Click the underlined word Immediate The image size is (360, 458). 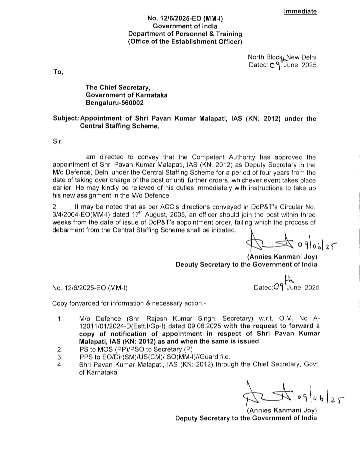pos(300,11)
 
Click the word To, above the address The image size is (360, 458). pos(58,72)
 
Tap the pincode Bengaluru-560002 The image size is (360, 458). pos(115,103)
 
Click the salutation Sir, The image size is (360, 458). pos(57,141)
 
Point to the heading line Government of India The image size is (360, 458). pos(185,26)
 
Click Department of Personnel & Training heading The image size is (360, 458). pos(185,34)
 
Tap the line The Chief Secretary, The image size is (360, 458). pos(118,87)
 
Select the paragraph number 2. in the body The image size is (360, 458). pos(55,207)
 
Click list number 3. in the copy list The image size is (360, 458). pos(60,357)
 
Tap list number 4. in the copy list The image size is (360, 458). pos(60,365)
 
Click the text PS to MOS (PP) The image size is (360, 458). pos(102,349)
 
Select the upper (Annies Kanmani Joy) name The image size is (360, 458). pos(282,257)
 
